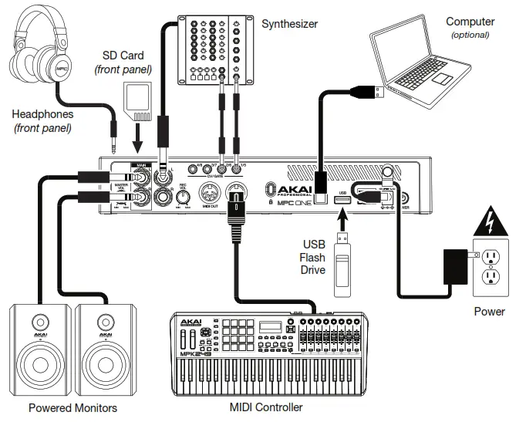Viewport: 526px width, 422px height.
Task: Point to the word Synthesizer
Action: point(289,24)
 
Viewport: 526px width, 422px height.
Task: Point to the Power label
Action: point(490,312)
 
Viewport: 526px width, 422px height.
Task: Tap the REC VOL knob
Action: point(182,197)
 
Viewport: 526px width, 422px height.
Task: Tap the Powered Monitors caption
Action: point(72,407)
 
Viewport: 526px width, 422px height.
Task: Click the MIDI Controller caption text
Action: point(267,407)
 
